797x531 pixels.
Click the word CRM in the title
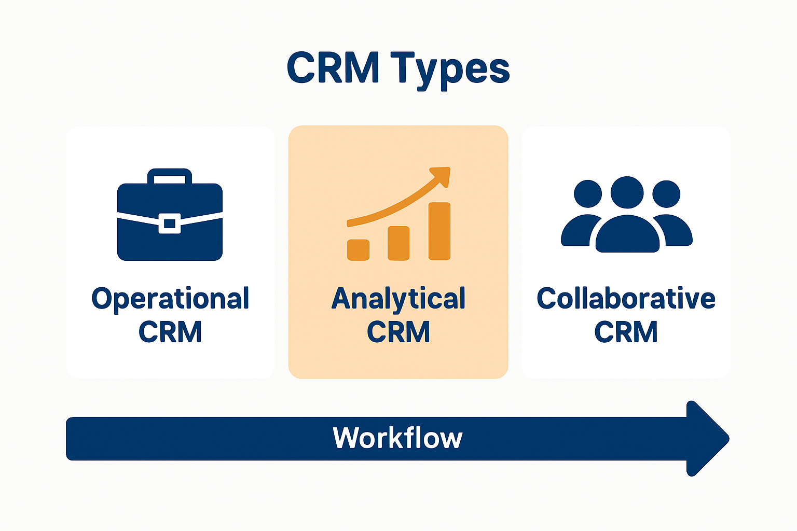pos(333,68)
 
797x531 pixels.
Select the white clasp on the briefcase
pos(170,223)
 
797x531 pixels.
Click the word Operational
pos(170,299)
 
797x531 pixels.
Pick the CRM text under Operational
pos(170,332)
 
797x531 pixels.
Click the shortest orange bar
pos(358,249)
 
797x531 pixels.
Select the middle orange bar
pos(398,243)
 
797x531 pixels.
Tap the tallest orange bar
pos(439,231)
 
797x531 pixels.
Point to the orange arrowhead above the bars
pos(442,176)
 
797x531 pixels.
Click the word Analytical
pos(398,299)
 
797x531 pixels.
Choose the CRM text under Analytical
pos(398,332)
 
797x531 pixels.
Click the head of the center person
pos(627,192)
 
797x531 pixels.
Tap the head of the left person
pos(588,194)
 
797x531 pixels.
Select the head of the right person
pos(666,194)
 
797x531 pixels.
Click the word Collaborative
pos(626,299)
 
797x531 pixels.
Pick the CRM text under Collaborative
pos(626,332)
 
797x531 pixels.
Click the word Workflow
pos(397,438)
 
